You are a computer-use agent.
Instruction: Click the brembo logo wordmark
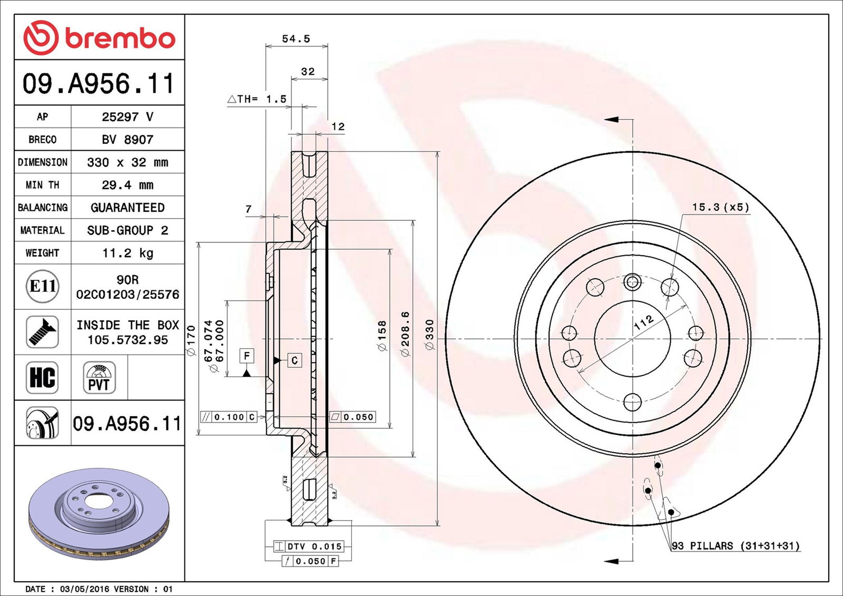(120, 38)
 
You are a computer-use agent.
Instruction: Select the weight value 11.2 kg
(128, 253)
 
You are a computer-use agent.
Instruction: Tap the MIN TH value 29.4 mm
(128, 185)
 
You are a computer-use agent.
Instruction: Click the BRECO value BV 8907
(128, 140)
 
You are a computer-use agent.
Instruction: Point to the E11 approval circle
(42, 287)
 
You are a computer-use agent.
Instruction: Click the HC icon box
(42, 377)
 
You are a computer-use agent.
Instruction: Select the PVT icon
(99, 378)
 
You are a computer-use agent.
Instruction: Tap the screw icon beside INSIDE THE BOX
(42, 332)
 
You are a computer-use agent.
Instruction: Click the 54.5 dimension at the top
(296, 39)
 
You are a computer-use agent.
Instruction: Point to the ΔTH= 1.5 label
(257, 99)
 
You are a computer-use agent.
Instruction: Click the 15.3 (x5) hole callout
(720, 207)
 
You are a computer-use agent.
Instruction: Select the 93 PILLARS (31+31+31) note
(736, 546)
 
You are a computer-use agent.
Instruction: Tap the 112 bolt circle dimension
(643, 322)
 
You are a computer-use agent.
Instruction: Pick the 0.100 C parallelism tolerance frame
(229, 417)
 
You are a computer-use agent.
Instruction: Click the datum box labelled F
(247, 356)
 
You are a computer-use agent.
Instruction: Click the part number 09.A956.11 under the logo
(99, 83)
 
